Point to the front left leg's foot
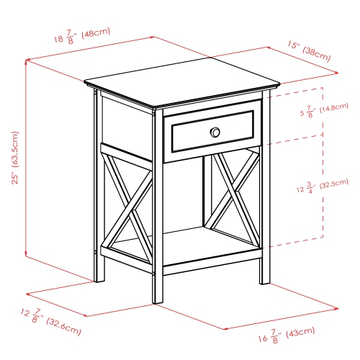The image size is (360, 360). [158, 299]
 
